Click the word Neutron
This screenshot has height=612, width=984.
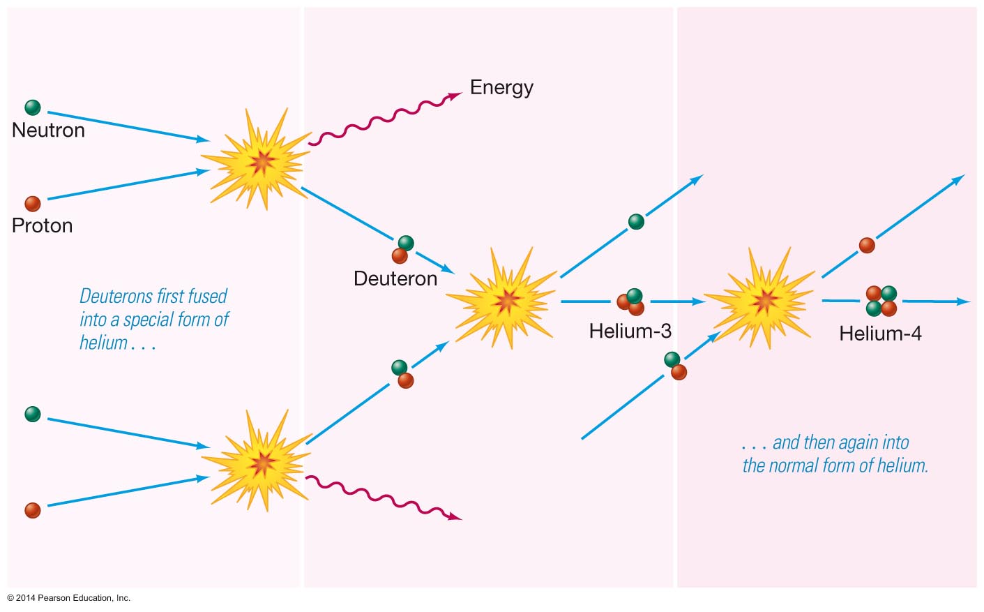[x=48, y=130]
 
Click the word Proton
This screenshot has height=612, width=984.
[x=42, y=225]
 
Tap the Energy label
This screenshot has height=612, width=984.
[x=501, y=87]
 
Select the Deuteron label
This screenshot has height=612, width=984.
[x=395, y=278]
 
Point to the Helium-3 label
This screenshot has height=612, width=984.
[x=630, y=331]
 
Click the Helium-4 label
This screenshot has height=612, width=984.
[x=880, y=334]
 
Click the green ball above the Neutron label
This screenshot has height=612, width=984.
[x=33, y=107]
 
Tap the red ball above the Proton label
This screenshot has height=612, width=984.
[x=33, y=204]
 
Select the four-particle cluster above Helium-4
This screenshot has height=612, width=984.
[x=881, y=301]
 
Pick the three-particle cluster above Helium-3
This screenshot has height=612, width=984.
[x=630, y=302]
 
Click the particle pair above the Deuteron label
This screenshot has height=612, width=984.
[x=402, y=249]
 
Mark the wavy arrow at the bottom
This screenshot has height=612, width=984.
[x=384, y=497]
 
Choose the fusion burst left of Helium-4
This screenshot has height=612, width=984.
[x=764, y=300]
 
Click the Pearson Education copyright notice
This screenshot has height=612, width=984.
[x=69, y=598]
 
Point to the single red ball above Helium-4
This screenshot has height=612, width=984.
[x=867, y=245]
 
